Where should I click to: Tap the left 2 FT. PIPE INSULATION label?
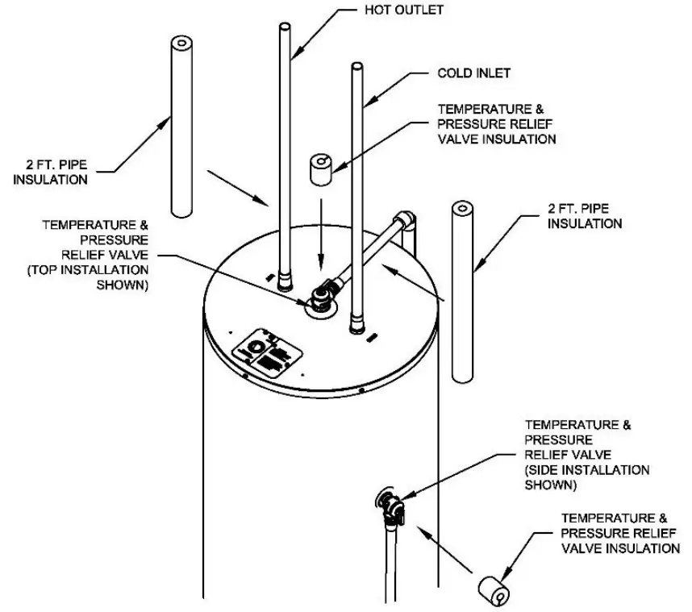tap(50, 173)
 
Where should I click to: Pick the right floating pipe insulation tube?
tap(465, 290)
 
